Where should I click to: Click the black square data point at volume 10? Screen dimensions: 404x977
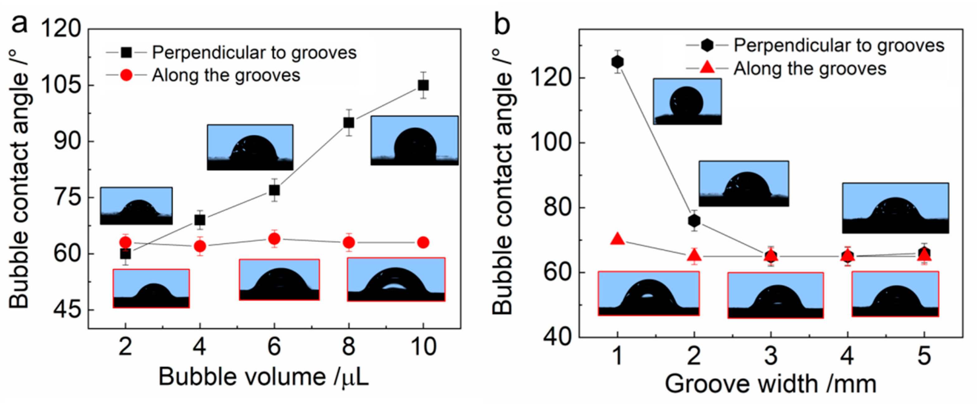click(x=423, y=85)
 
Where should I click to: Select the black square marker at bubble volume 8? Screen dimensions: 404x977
click(x=349, y=122)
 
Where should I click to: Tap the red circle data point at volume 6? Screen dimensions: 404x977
click(x=274, y=239)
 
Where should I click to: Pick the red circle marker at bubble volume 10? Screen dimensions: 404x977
click(x=423, y=242)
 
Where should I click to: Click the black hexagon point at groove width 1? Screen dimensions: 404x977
click(x=618, y=61)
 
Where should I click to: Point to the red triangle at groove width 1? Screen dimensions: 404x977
click(x=618, y=239)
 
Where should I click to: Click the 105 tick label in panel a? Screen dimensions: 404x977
click(x=61, y=85)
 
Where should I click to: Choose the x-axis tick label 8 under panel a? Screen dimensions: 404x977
click(x=349, y=347)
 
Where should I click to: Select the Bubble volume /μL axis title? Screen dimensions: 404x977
click(x=263, y=378)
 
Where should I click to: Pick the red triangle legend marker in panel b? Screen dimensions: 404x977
click(x=707, y=68)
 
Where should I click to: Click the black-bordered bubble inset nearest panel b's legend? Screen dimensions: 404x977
click(x=687, y=101)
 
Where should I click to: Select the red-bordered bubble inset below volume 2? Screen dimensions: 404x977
click(x=151, y=289)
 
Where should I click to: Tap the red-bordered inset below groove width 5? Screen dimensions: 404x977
click(x=895, y=294)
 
